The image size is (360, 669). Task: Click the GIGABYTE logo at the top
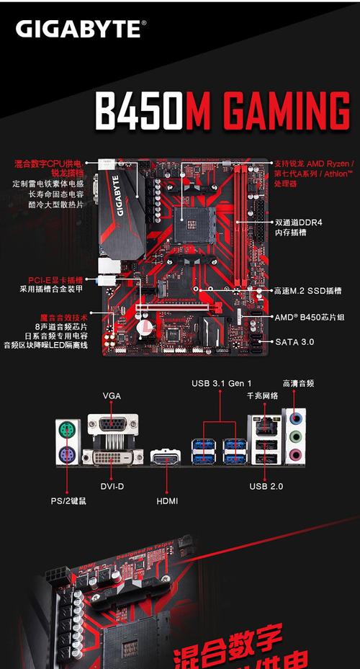point(81,30)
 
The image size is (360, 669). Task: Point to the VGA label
point(112,396)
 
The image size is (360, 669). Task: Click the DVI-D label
point(112,486)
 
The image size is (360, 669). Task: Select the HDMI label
point(166,500)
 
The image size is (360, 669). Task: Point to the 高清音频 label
point(298,383)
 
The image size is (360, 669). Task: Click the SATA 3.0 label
point(294,341)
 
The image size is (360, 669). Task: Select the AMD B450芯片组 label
point(309,317)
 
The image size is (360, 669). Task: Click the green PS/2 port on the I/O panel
point(67,431)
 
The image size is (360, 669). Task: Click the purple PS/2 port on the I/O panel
point(67,455)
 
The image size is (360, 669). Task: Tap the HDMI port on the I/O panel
point(166,457)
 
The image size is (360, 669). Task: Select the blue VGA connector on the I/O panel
point(112,425)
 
